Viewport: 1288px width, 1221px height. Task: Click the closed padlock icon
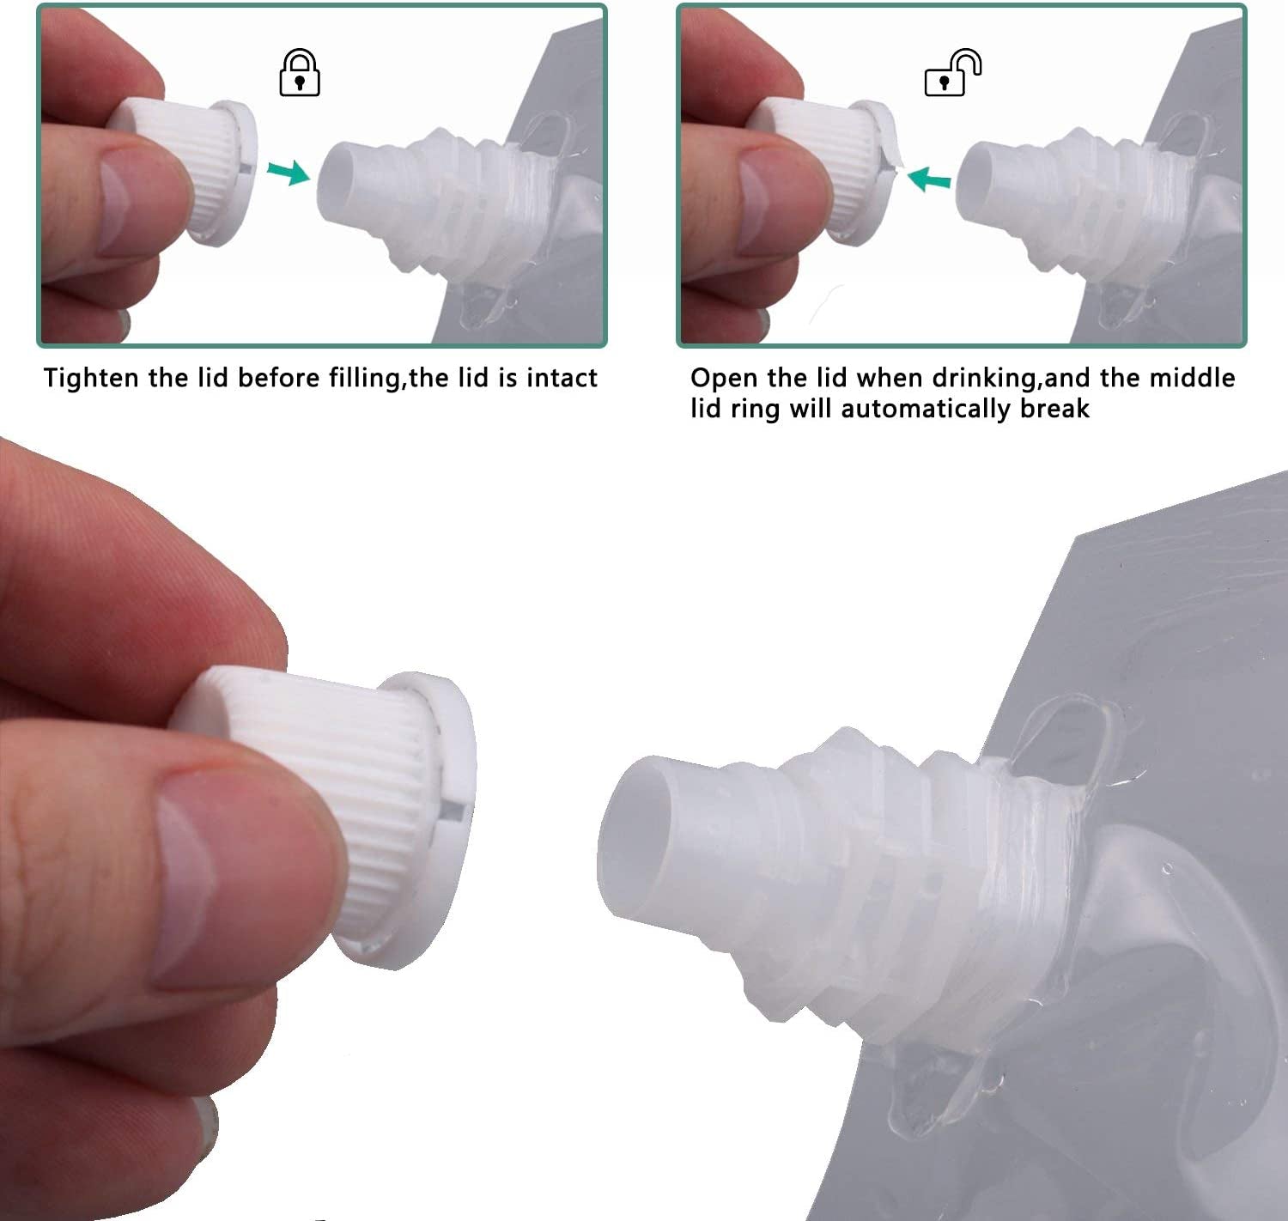(300, 73)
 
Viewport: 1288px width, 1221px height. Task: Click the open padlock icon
(952, 73)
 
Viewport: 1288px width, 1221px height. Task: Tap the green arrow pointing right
(289, 173)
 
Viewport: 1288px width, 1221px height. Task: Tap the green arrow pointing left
(929, 179)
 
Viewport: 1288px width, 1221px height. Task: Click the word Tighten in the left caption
(92, 379)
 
